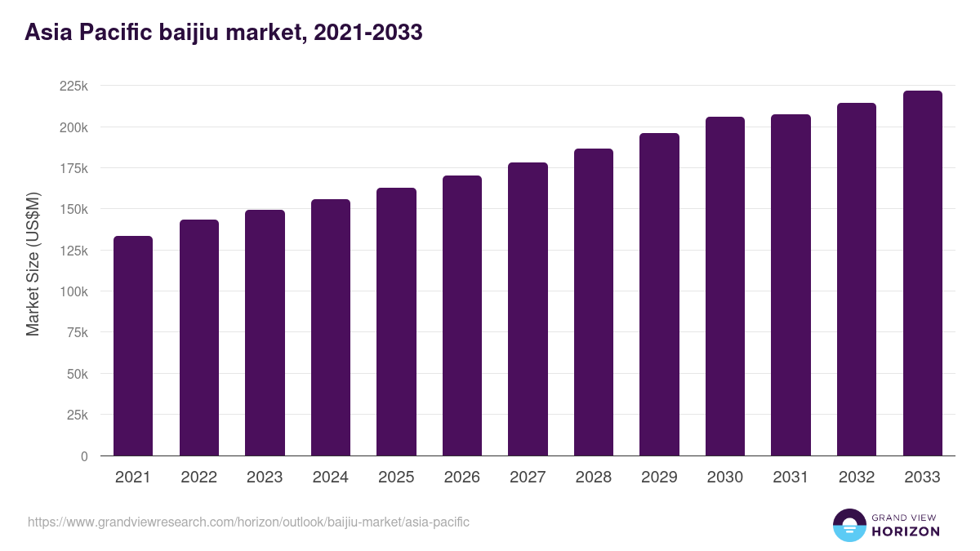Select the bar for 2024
(331, 327)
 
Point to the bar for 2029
(659, 294)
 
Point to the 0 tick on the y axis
(84, 456)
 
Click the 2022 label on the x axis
(198, 478)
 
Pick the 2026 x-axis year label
(461, 478)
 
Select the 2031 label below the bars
(791, 478)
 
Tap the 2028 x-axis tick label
(593, 478)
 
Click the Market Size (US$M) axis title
(33, 264)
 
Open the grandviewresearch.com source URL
(248, 522)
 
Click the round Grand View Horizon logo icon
(849, 525)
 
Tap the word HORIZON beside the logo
(906, 531)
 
